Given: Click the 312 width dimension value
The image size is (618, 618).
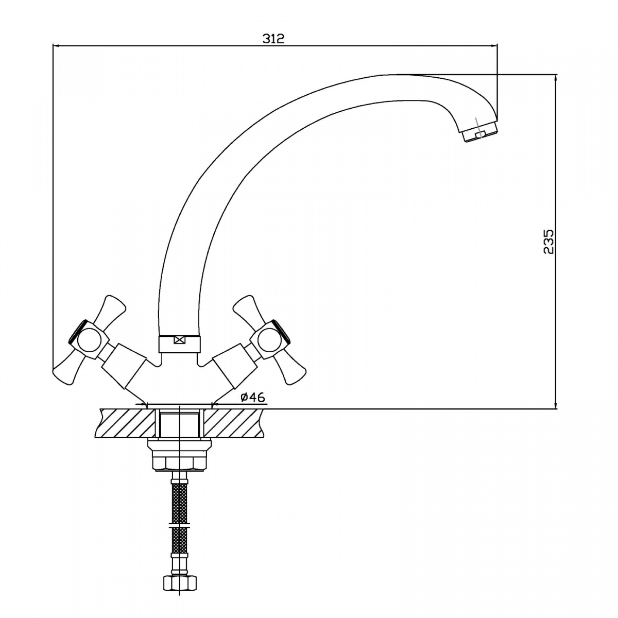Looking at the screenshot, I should click(x=273, y=39).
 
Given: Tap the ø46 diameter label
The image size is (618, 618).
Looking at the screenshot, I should click(x=252, y=397).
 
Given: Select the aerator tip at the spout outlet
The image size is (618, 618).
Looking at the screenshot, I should click(x=482, y=134).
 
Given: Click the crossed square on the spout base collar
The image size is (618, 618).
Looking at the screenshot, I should click(x=179, y=340).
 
